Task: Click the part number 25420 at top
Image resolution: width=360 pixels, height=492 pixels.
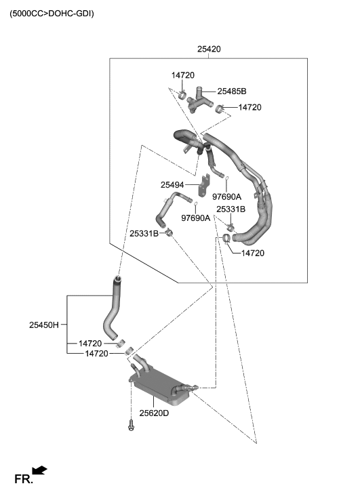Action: click(209, 49)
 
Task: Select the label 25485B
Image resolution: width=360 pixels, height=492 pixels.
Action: click(231, 91)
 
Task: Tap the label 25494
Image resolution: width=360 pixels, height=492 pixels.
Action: click(172, 184)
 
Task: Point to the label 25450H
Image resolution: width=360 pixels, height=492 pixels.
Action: click(44, 325)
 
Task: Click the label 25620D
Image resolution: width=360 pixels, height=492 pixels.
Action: click(154, 413)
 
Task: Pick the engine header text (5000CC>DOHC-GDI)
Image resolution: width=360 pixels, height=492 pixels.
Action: click(52, 13)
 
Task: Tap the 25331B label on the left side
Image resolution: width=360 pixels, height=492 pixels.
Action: click(144, 234)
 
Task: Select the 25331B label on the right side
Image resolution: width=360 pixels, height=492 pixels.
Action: click(231, 209)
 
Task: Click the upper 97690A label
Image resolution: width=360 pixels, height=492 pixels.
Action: click(227, 197)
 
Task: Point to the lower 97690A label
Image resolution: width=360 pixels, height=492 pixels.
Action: click(195, 218)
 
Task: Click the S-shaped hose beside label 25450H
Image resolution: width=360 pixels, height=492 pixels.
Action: click(112, 309)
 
